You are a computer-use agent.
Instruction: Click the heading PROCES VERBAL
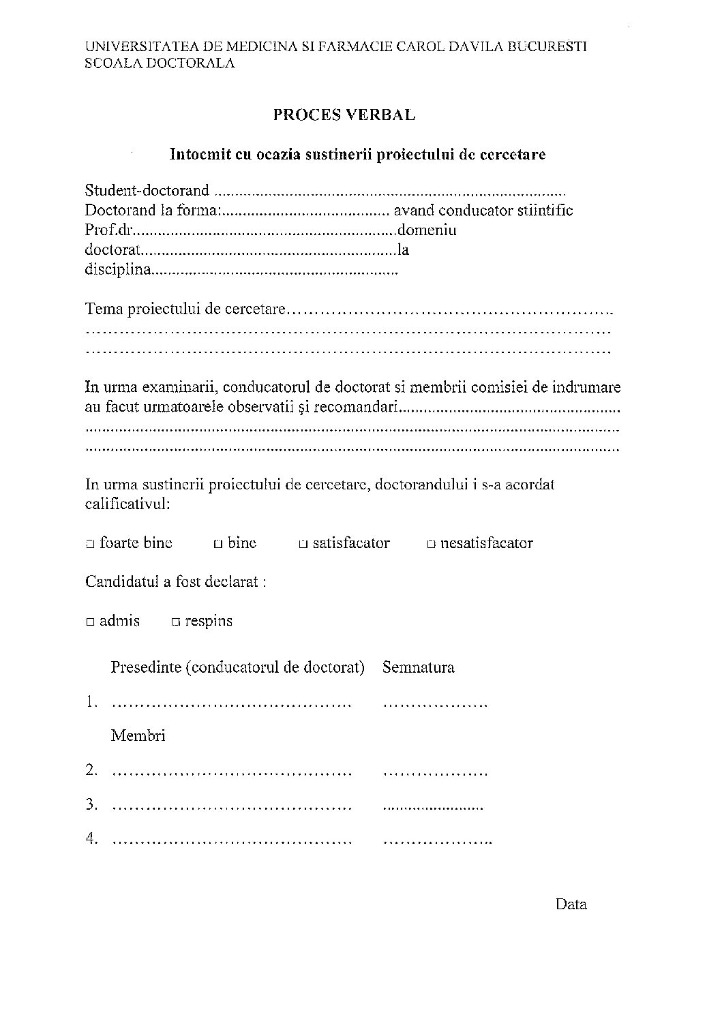tap(344, 115)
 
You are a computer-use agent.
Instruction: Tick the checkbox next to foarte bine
tap(90, 544)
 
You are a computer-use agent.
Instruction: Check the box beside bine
tap(217, 544)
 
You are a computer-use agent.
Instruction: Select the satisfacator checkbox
tap(303, 544)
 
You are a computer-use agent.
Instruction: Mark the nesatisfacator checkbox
tap(431, 544)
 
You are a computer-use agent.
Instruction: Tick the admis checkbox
tap(90, 622)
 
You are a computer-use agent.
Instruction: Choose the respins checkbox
tap(176, 622)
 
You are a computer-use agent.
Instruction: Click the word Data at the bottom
tap(571, 904)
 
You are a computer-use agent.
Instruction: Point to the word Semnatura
tap(418, 667)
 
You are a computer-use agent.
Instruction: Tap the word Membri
tap(138, 736)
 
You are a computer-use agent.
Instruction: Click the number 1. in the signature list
tap(93, 702)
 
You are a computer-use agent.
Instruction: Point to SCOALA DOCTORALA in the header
tap(160, 63)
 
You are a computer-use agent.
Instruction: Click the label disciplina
tap(117, 270)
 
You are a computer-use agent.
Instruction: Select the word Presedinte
tap(145, 667)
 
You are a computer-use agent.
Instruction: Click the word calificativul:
tap(127, 505)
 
